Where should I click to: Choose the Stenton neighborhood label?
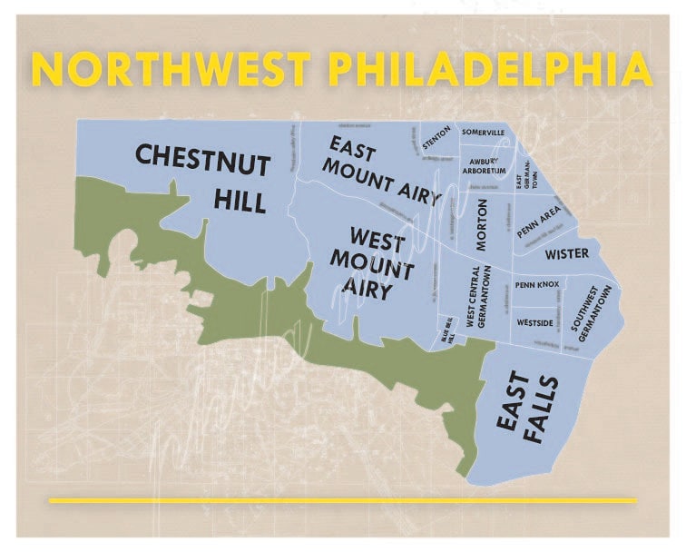tap(436, 139)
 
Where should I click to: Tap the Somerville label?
tap(483, 133)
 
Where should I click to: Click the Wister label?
tap(566, 253)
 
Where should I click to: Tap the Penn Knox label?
tap(536, 285)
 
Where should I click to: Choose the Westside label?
tap(534, 321)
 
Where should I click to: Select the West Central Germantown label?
tap(478, 298)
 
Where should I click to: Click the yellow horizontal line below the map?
tap(342, 500)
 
